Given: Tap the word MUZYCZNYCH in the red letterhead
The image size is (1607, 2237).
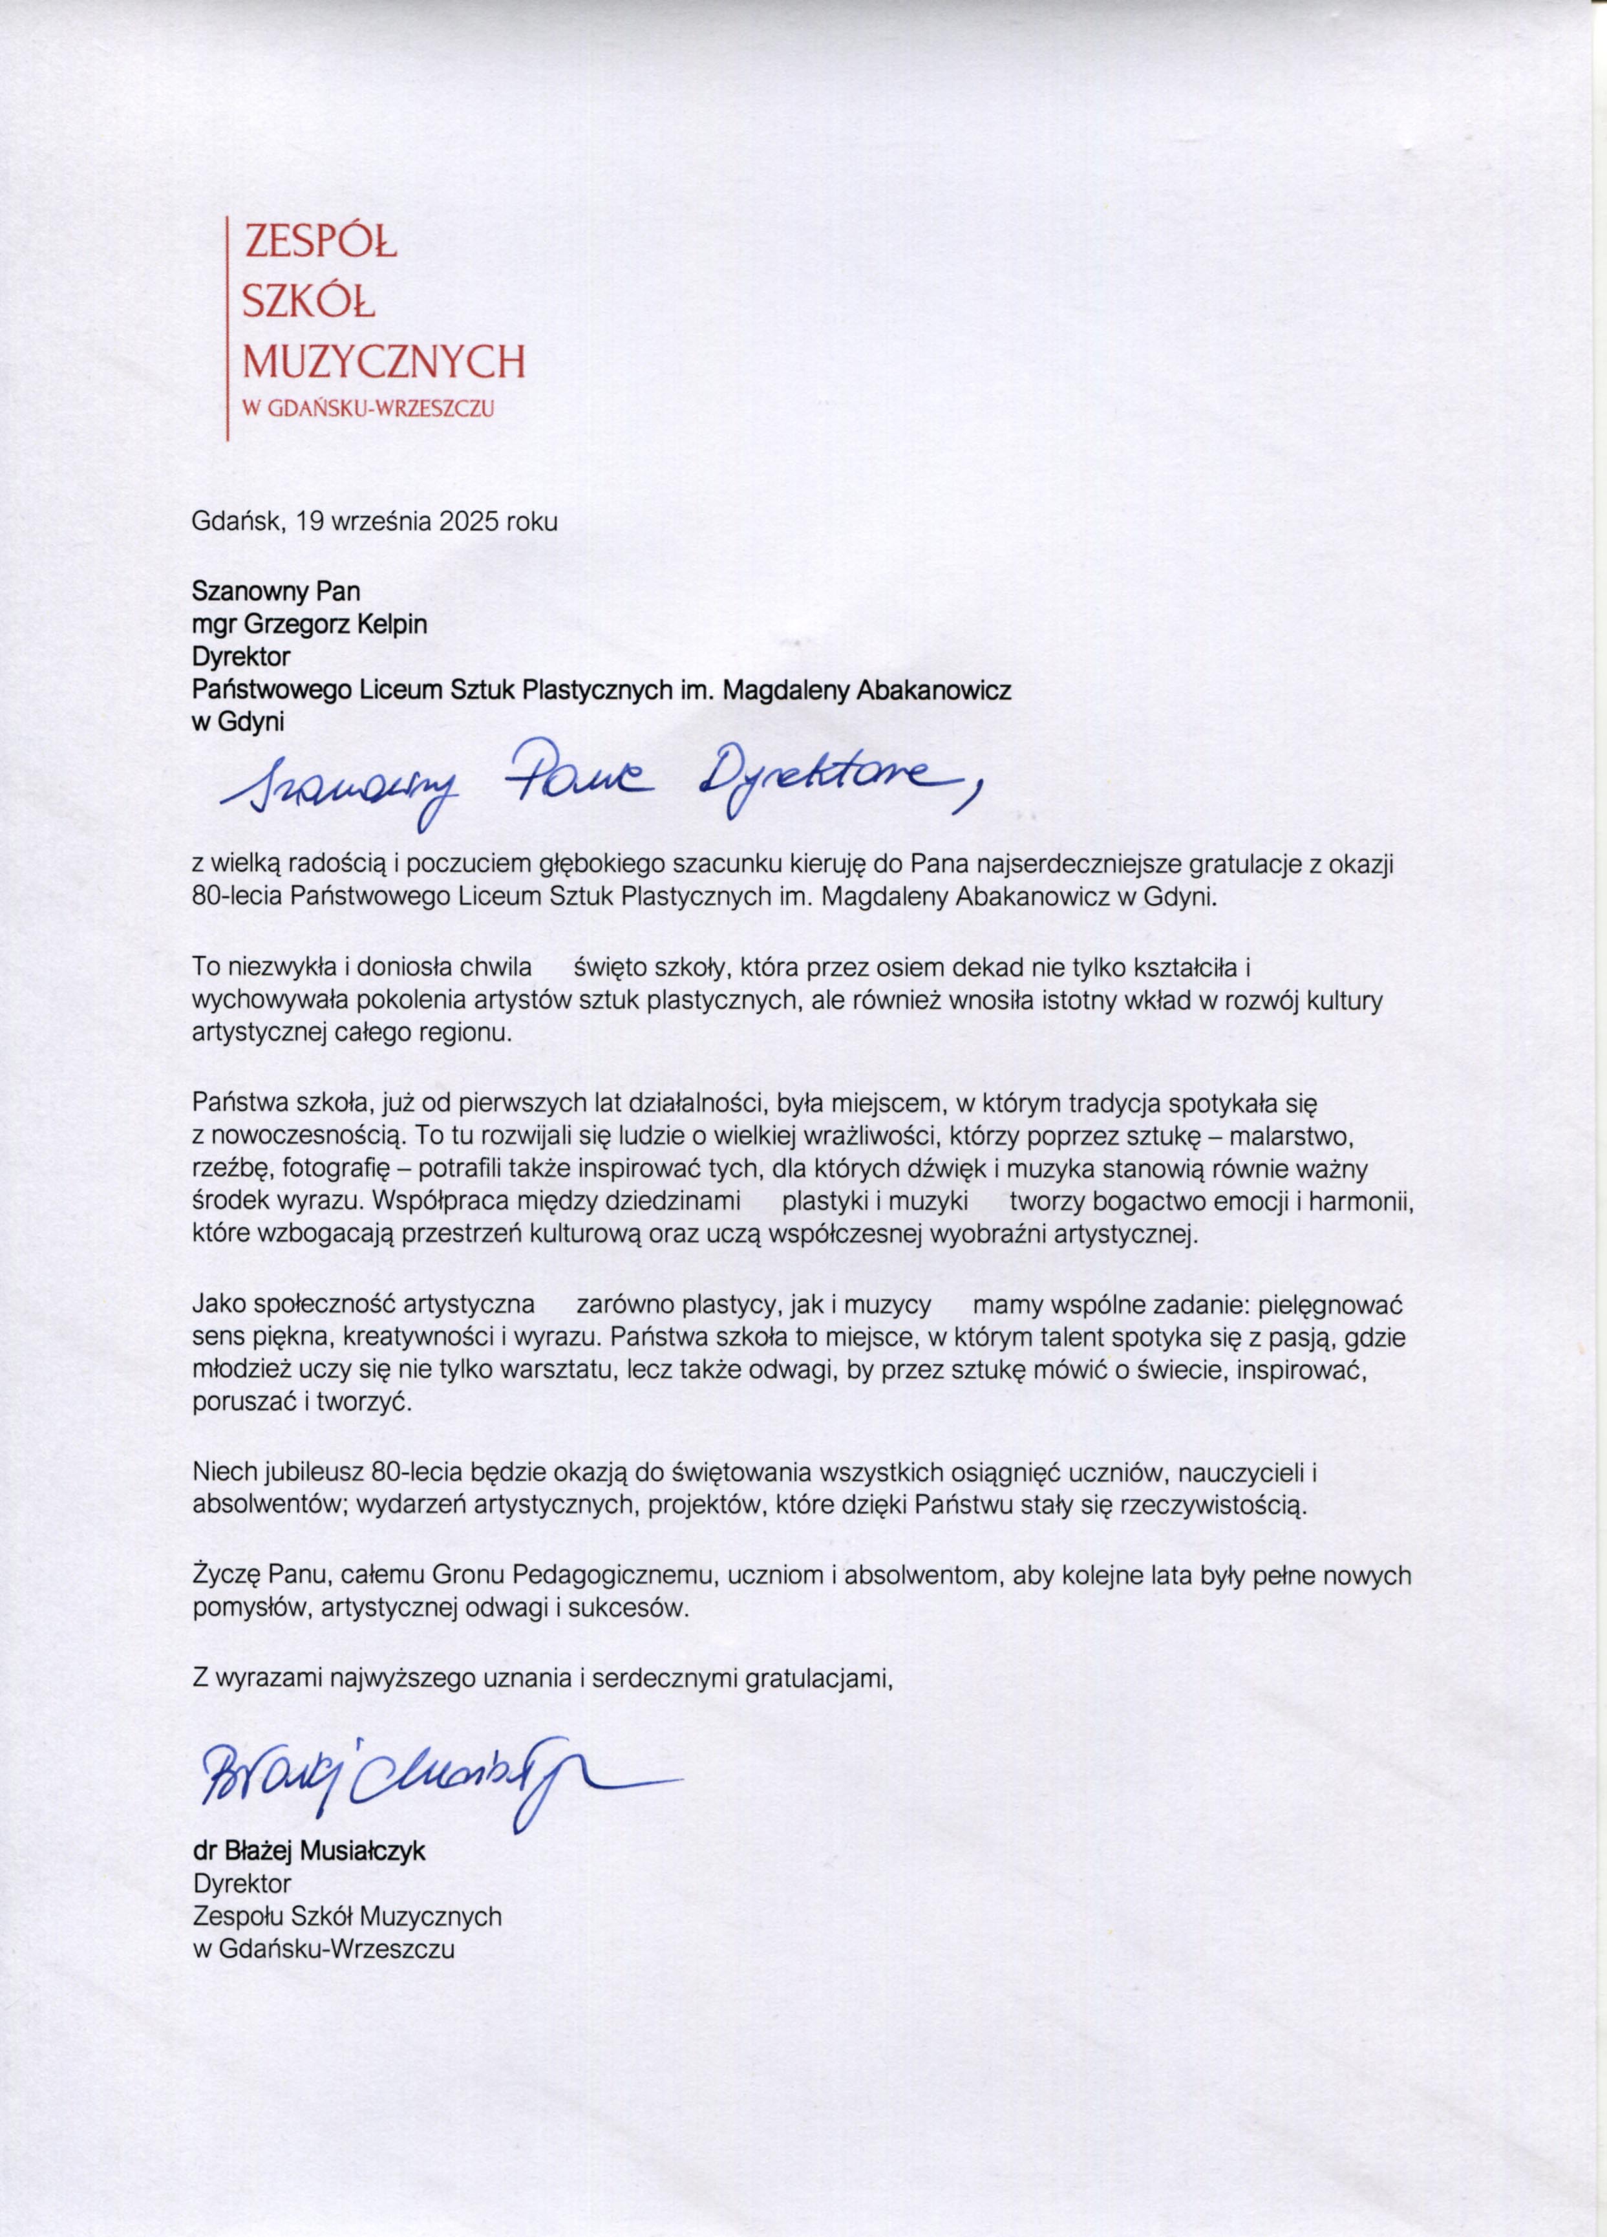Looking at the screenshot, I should pyautogui.click(x=383, y=362).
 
